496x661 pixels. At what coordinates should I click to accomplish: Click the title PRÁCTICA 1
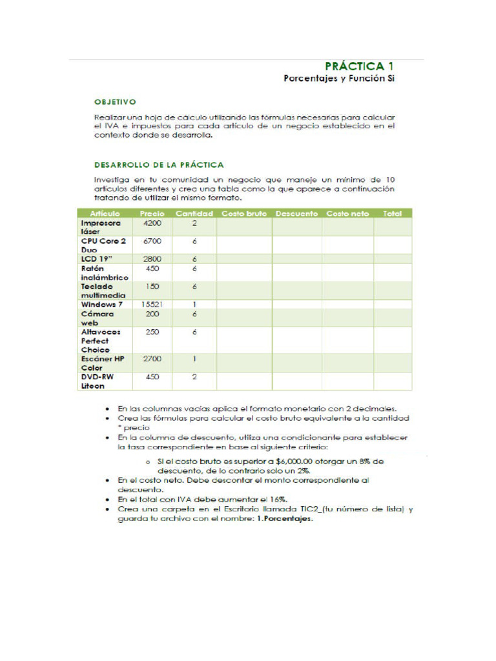point(359,66)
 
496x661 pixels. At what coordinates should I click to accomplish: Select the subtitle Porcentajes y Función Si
point(338,79)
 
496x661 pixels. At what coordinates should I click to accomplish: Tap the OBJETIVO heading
point(115,101)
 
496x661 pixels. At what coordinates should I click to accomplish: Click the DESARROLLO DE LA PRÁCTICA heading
point(159,165)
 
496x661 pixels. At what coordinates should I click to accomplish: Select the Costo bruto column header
point(244,214)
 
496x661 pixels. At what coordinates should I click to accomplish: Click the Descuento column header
point(296,214)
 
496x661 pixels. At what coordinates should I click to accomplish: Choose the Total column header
point(392,214)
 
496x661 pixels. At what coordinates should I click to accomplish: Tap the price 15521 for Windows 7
point(152,304)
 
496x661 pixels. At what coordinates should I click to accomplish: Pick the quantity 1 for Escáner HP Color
point(194,358)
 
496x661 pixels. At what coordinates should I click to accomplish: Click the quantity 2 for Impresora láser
point(194,223)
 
